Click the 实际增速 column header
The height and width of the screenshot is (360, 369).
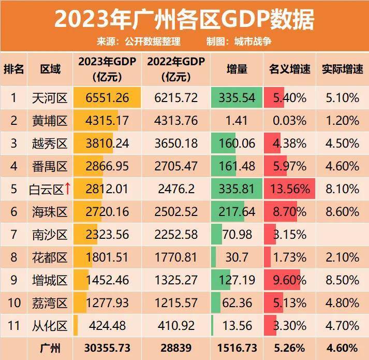tap(342, 69)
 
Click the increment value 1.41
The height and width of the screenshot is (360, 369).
tap(237, 121)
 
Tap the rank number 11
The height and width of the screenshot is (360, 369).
tap(14, 326)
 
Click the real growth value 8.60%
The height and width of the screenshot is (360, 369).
tap(342, 212)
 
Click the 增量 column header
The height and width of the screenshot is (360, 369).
tap(237, 69)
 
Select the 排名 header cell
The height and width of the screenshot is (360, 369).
tap(14, 69)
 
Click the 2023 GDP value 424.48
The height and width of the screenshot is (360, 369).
tap(108, 326)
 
